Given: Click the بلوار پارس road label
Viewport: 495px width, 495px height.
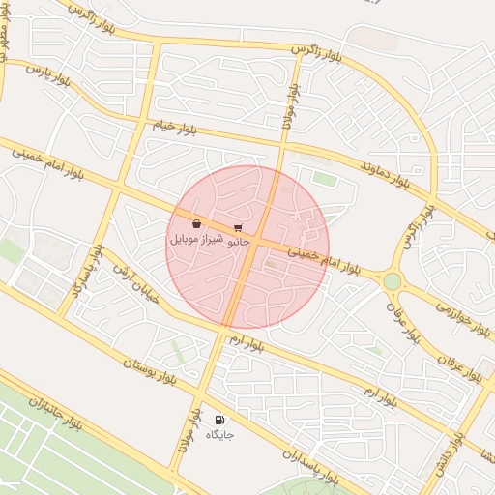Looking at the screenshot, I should (46, 75).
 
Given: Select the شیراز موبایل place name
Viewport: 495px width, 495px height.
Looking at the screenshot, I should (197, 237).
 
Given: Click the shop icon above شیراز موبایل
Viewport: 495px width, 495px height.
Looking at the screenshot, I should (196, 223).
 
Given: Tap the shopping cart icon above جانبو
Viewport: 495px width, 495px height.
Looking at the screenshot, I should (238, 228).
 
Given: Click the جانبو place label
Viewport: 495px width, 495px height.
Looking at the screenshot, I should (238, 242).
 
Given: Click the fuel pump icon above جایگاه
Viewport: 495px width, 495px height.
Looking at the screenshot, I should (220, 421).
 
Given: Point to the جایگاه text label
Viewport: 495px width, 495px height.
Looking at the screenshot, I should (220, 435).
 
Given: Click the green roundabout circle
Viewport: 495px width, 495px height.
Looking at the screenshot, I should (392, 281).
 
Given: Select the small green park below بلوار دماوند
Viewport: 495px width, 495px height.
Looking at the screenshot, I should (325, 180).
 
